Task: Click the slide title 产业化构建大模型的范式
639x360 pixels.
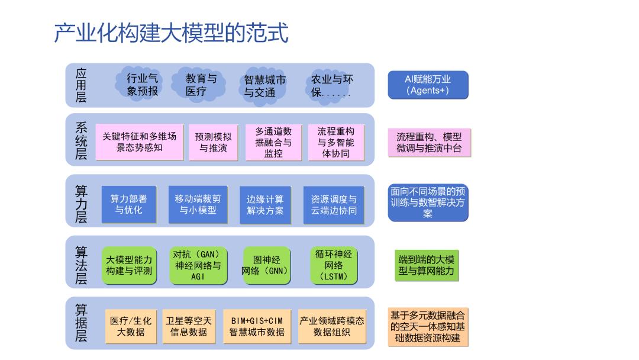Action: (171, 33)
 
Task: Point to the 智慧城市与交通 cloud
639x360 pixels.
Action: (263, 86)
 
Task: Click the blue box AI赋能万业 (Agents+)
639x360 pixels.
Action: (428, 85)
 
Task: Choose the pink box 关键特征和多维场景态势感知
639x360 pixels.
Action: (140, 142)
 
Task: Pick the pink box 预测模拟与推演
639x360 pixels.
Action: (213, 142)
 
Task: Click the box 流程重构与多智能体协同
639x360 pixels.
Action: (336, 142)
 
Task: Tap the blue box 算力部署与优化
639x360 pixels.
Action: (129, 204)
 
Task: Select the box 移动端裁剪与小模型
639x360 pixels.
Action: (198, 204)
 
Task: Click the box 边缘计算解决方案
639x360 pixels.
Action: (265, 205)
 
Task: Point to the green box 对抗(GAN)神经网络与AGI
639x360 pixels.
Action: (198, 265)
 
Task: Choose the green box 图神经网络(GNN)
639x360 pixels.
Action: (266, 265)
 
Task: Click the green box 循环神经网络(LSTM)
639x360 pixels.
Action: (334, 265)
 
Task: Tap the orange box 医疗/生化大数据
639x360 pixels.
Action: (131, 326)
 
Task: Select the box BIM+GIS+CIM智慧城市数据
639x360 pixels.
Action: (257, 326)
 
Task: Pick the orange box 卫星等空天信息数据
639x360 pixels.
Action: (189, 326)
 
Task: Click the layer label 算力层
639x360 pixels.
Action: (81, 204)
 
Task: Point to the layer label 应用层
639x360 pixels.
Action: (81, 85)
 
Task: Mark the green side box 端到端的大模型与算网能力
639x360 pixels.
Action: (427, 265)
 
